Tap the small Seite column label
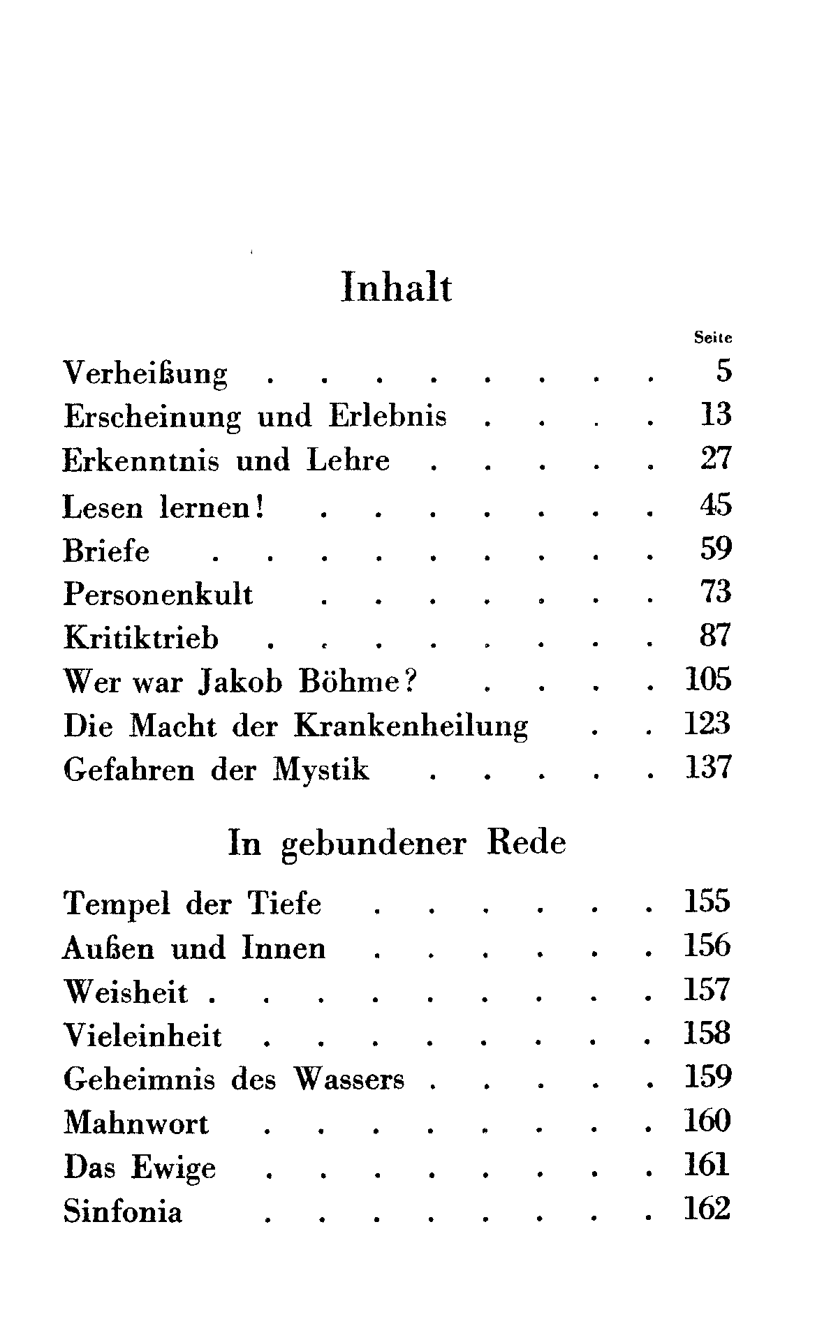click(x=713, y=338)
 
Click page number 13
click(x=715, y=415)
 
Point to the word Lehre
click(x=348, y=461)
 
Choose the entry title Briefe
click(x=106, y=551)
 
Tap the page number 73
click(x=715, y=593)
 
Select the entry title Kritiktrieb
click(x=141, y=638)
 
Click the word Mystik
click(x=322, y=770)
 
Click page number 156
click(x=707, y=946)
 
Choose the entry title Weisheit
click(x=126, y=992)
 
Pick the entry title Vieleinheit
click(x=142, y=1036)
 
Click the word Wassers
click(x=349, y=1080)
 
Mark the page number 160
click(x=707, y=1122)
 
